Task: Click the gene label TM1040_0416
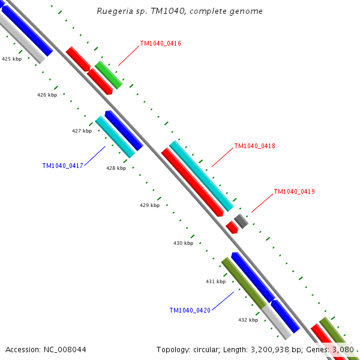160,43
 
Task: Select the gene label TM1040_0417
62,166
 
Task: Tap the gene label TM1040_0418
254,146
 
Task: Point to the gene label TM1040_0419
294,192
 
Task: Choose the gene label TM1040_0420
190,310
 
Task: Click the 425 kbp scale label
11,59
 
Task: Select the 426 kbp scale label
47,95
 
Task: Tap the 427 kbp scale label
82,131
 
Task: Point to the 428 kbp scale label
116,168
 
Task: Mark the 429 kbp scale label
149,205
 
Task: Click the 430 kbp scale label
183,243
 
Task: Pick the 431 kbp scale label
215,281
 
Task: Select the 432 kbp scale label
248,320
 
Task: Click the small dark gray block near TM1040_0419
241,220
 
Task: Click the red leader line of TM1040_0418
221,157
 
